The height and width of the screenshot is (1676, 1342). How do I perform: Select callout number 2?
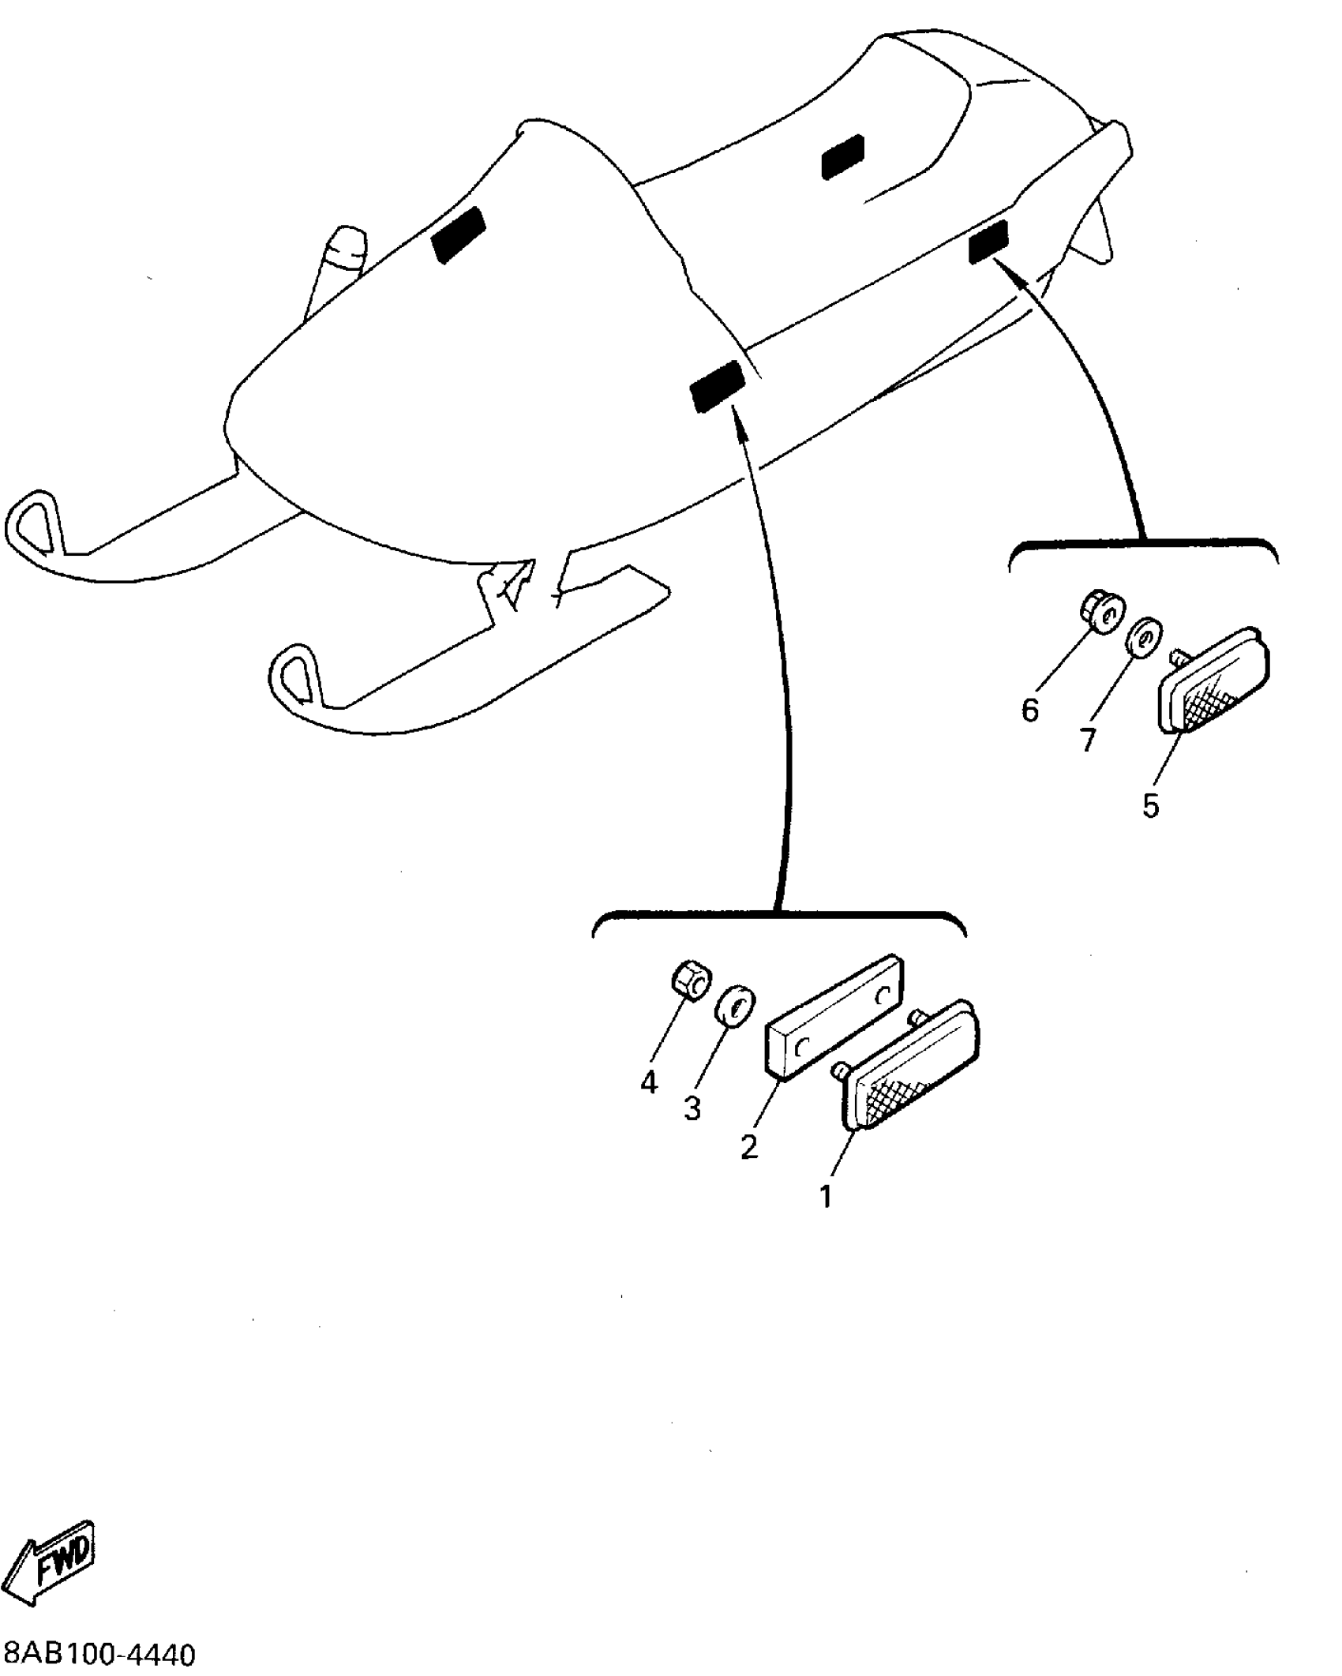[x=748, y=1146]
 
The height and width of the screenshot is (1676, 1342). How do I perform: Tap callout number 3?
[x=692, y=1109]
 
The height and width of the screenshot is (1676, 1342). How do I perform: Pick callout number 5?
[x=1150, y=805]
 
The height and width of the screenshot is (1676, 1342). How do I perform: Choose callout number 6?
[x=1030, y=711]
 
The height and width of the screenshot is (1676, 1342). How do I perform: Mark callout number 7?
[x=1089, y=740]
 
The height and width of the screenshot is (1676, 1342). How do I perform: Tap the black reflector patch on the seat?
[x=843, y=156]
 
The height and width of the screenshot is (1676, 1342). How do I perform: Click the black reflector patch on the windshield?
[x=459, y=234]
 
